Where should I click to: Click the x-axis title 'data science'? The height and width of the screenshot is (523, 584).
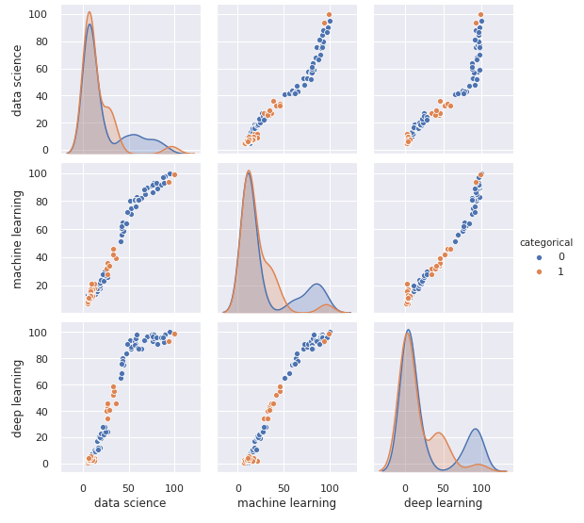click(x=129, y=503)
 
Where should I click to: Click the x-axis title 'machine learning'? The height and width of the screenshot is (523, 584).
click(x=286, y=503)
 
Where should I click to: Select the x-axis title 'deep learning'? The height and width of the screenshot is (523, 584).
click(x=443, y=503)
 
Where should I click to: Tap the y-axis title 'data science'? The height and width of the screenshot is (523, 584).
click(x=17, y=79)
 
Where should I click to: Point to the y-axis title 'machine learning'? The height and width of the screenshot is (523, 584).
click(x=17, y=237)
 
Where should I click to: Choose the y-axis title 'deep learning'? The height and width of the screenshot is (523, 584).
click(x=17, y=396)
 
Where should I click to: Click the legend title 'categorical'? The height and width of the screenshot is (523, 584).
click(x=546, y=242)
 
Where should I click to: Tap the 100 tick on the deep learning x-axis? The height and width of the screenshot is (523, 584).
click(x=481, y=487)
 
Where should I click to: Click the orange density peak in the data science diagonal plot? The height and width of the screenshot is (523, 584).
click(x=89, y=12)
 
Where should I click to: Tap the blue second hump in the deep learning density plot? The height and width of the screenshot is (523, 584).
click(x=476, y=430)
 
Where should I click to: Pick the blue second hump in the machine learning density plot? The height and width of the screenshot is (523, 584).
click(x=316, y=285)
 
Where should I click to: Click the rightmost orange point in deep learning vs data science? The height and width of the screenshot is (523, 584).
click(x=174, y=334)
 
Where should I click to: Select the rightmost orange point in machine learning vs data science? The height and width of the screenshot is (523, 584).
click(x=174, y=174)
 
